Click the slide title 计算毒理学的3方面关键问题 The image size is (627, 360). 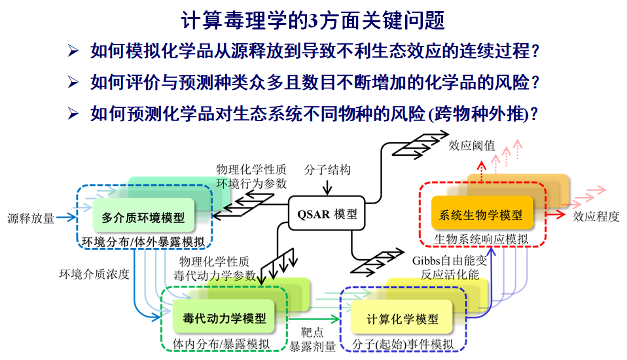[313, 20]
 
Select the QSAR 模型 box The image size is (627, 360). [326, 215]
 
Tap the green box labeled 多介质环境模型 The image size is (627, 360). [143, 217]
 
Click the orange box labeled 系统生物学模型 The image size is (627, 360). [482, 214]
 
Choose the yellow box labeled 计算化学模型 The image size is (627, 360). [402, 319]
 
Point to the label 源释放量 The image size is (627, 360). [31, 218]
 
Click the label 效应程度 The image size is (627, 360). [596, 217]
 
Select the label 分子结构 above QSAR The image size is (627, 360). [327, 170]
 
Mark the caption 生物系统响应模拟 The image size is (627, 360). [481, 240]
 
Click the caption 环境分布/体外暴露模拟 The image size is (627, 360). [143, 242]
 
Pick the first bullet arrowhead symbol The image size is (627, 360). [73, 50]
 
